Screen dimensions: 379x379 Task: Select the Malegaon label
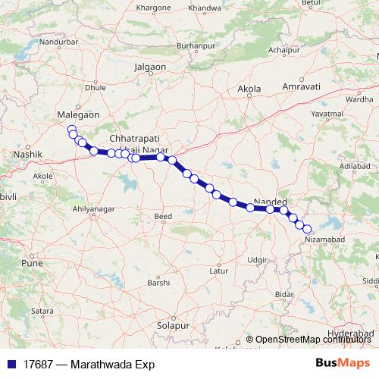[x=79, y=114]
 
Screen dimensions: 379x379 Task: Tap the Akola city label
[x=249, y=89]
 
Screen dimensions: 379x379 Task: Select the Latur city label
[x=218, y=270]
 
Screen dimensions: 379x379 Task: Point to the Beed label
[x=163, y=216]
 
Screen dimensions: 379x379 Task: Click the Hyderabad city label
[x=354, y=333]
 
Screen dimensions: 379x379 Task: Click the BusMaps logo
[x=342, y=364]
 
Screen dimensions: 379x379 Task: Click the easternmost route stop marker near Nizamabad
[x=307, y=228]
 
